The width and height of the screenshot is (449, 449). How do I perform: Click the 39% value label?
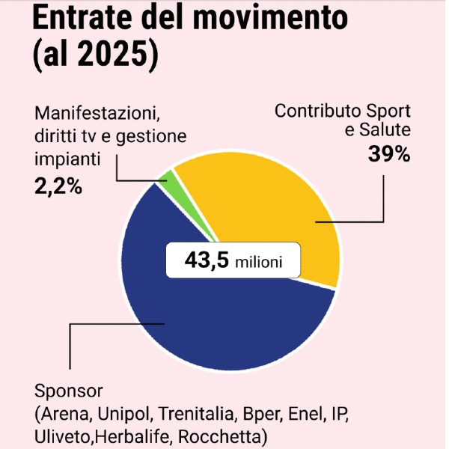click(x=389, y=155)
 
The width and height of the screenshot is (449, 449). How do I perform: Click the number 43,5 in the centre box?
click(x=206, y=262)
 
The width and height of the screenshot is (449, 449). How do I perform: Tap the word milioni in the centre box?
click(x=259, y=263)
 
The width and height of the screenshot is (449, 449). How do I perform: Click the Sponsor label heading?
click(x=67, y=392)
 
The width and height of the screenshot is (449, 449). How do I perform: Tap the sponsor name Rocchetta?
click(x=227, y=436)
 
